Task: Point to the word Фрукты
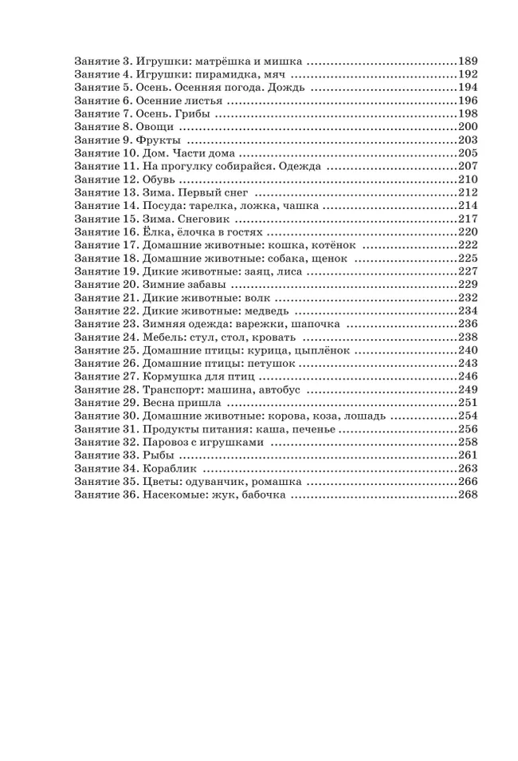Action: (x=164, y=140)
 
